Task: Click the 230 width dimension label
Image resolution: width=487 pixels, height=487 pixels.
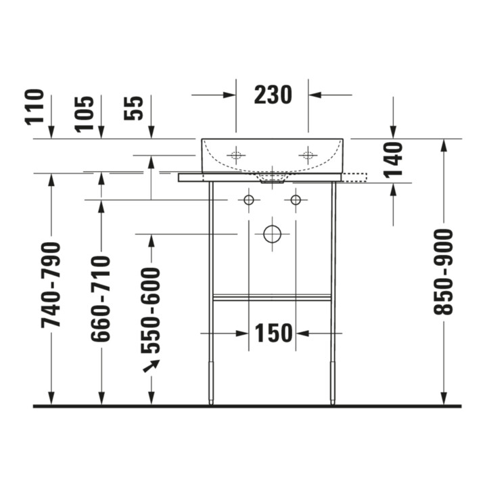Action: coord(273,95)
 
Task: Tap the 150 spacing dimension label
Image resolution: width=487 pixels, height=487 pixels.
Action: coord(274,333)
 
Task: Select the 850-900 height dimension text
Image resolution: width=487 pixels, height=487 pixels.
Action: coord(444,272)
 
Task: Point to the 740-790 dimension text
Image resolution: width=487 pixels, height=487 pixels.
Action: coord(51,285)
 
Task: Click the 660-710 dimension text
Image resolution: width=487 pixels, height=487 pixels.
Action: coord(101,298)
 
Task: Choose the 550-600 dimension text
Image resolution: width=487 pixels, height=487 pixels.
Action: coord(151,310)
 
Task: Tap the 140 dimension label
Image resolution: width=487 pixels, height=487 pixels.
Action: coord(393,160)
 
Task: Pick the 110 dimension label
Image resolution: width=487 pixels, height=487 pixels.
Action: coord(34,107)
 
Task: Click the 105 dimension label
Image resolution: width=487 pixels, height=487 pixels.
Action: coord(85,114)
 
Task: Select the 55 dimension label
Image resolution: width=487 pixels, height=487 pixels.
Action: coord(133,108)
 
